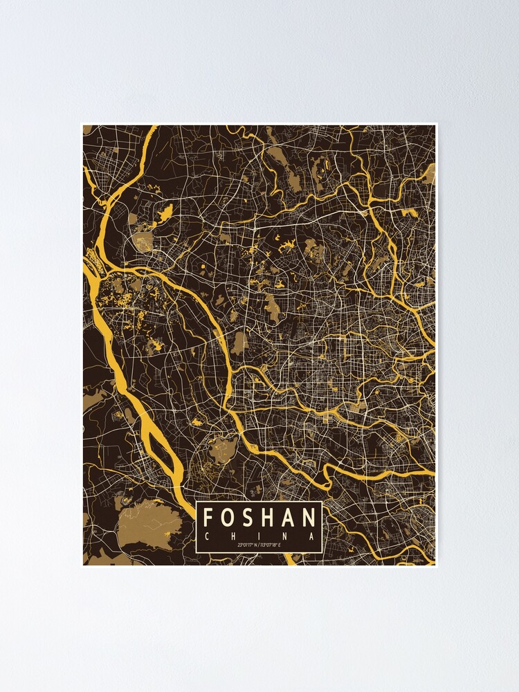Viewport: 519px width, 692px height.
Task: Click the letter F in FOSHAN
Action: (210, 517)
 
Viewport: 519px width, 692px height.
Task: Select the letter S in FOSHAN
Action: (248, 517)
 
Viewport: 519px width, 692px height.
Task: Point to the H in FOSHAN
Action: (268, 517)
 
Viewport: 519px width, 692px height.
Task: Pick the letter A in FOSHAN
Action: (289, 517)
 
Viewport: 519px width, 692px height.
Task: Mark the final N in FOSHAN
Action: (310, 517)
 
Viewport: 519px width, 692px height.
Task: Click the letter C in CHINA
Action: (207, 536)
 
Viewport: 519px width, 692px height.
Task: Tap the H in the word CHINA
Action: (233, 536)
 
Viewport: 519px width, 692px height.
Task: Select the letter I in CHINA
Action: (259, 536)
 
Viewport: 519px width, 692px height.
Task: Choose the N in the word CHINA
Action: (286, 536)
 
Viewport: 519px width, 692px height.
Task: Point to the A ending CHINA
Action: (312, 536)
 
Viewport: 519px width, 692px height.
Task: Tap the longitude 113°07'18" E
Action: (275, 546)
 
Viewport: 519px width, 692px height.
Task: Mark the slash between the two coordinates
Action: (259, 546)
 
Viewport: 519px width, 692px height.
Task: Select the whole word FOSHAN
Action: (259, 517)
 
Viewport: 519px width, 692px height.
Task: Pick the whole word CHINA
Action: (259, 536)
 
